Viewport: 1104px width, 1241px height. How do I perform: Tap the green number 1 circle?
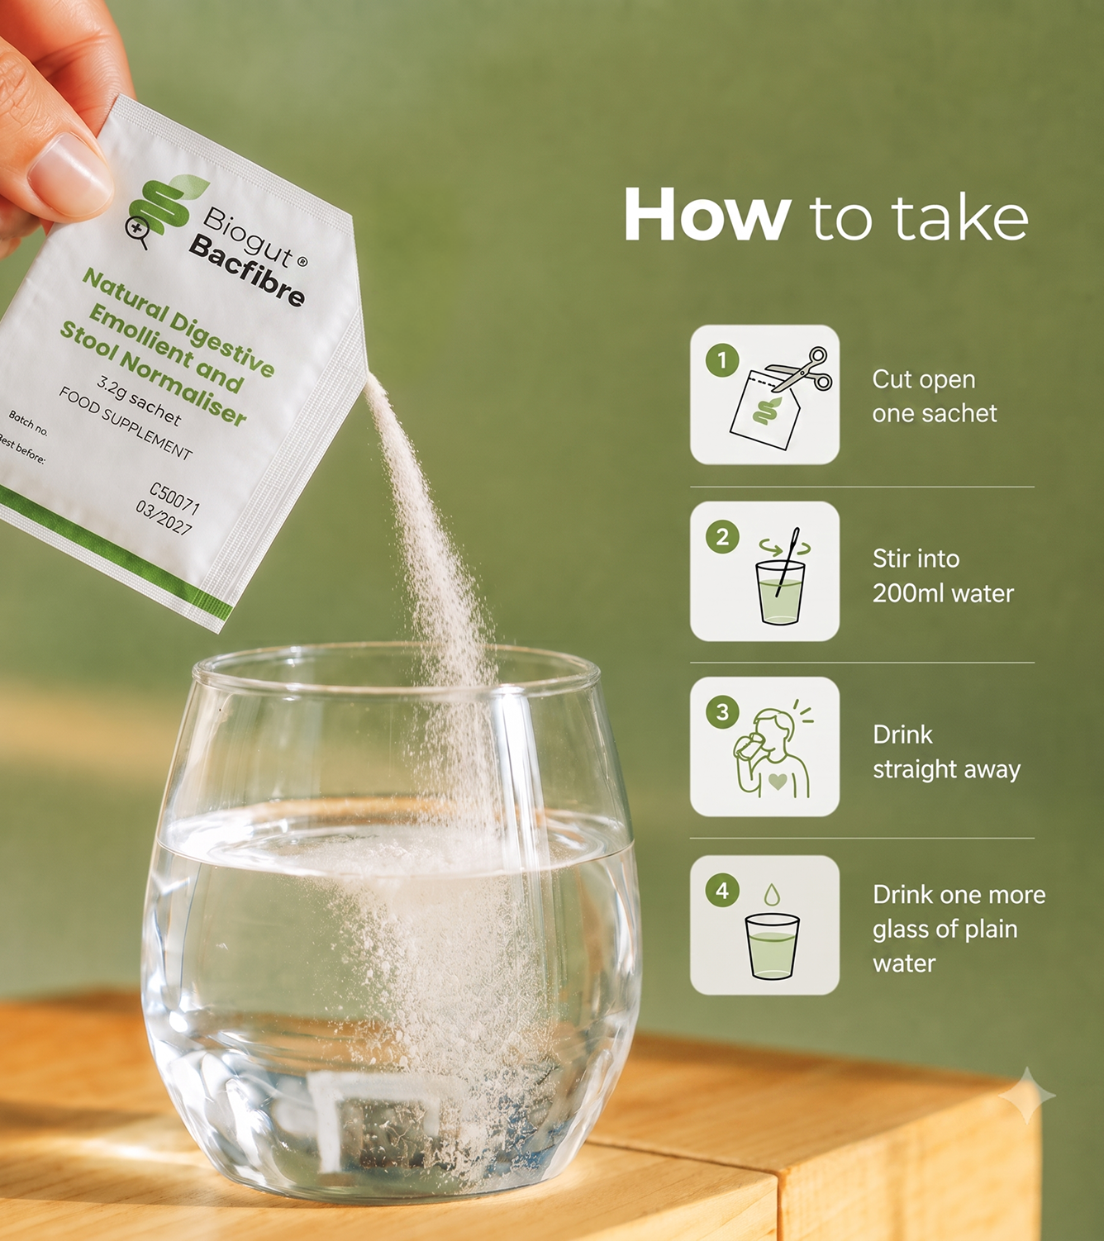click(722, 360)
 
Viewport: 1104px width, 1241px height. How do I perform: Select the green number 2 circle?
click(722, 537)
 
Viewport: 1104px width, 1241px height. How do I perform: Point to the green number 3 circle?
click(722, 712)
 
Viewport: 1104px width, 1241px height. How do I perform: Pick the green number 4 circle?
click(722, 890)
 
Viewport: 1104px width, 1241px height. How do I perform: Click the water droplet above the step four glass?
click(772, 894)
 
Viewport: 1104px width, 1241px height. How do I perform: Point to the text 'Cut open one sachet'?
click(935, 397)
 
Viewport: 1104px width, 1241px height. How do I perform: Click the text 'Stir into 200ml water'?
click(943, 576)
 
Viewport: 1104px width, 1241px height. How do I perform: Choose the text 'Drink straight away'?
click(946, 752)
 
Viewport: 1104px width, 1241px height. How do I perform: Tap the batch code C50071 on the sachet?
click(174, 498)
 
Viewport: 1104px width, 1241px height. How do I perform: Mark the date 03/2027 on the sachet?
click(164, 519)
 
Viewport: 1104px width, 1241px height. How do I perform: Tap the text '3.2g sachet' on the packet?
click(139, 402)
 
